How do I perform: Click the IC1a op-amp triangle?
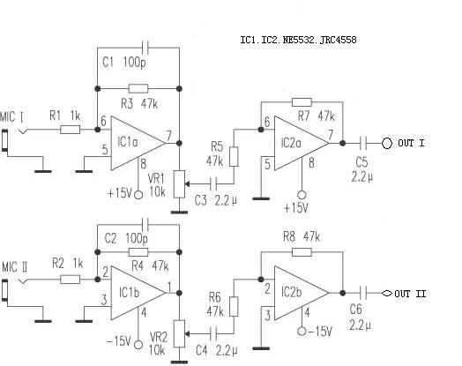138,143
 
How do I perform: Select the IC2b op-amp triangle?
302,293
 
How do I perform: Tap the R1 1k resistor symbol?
71,130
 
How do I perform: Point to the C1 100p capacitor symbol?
145,48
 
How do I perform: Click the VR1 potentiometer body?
179,184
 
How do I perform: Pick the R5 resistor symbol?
234,157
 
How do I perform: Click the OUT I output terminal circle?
387,143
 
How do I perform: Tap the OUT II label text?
410,294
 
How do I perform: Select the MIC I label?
11,117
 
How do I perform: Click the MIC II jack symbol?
4,290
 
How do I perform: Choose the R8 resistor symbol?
302,252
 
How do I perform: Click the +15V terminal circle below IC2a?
302,195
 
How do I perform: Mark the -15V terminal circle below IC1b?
138,345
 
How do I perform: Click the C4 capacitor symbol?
214,333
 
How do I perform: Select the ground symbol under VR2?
179,362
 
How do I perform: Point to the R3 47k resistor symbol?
138,88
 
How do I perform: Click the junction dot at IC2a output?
343,143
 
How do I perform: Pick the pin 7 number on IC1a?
168,136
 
